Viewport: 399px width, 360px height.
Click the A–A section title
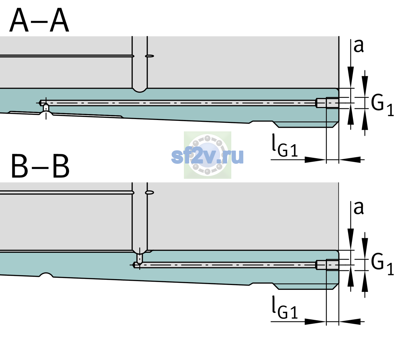click(39, 20)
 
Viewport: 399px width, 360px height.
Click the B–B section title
click(40, 166)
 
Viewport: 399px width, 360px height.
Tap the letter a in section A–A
click(358, 46)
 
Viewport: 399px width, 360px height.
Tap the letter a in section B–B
click(358, 208)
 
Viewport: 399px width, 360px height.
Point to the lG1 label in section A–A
click(285, 146)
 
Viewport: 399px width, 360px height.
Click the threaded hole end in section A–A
click(327, 103)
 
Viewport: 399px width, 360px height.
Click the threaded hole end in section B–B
click(327, 265)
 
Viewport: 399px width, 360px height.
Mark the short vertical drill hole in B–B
click(140, 258)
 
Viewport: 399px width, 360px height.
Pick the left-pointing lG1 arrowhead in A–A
click(350, 160)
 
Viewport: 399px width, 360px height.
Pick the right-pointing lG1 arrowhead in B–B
click(316, 322)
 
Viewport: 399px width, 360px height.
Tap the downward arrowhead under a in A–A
click(351, 77)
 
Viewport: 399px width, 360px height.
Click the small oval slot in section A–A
click(149, 56)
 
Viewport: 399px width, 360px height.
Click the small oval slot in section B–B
click(149, 193)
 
